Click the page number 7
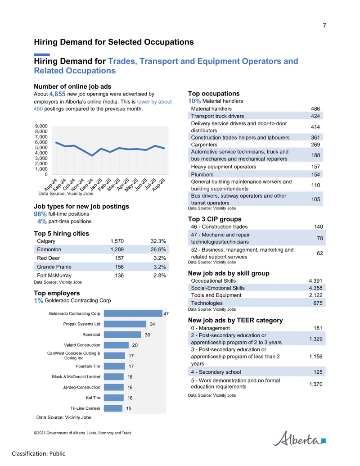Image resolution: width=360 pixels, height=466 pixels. (x=324, y=26)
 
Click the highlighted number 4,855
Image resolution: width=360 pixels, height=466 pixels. (x=57, y=94)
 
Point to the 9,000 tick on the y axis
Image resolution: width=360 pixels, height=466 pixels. (x=41, y=126)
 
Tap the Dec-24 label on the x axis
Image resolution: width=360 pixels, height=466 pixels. (x=86, y=185)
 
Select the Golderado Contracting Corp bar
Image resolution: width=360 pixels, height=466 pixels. (x=133, y=313)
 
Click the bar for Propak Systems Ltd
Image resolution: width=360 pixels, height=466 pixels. (x=125, y=324)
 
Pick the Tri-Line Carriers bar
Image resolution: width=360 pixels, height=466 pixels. (x=113, y=408)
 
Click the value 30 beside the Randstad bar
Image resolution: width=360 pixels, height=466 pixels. (x=147, y=335)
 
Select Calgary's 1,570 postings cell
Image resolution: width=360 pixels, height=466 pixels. (x=117, y=241)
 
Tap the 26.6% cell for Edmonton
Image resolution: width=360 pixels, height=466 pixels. (x=158, y=249)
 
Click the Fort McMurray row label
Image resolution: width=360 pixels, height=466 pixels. (x=54, y=276)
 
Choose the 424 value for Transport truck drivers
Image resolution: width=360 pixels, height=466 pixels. (x=315, y=116)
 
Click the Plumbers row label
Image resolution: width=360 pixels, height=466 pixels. (x=202, y=174)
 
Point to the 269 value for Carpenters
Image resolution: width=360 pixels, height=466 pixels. (x=315, y=145)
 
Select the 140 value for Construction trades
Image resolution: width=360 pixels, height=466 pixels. (x=319, y=227)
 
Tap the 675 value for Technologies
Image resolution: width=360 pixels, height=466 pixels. (x=318, y=303)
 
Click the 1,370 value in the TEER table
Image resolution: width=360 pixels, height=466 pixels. (x=316, y=384)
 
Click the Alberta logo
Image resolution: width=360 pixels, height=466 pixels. (x=299, y=439)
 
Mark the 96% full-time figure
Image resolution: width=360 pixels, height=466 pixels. (x=40, y=214)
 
